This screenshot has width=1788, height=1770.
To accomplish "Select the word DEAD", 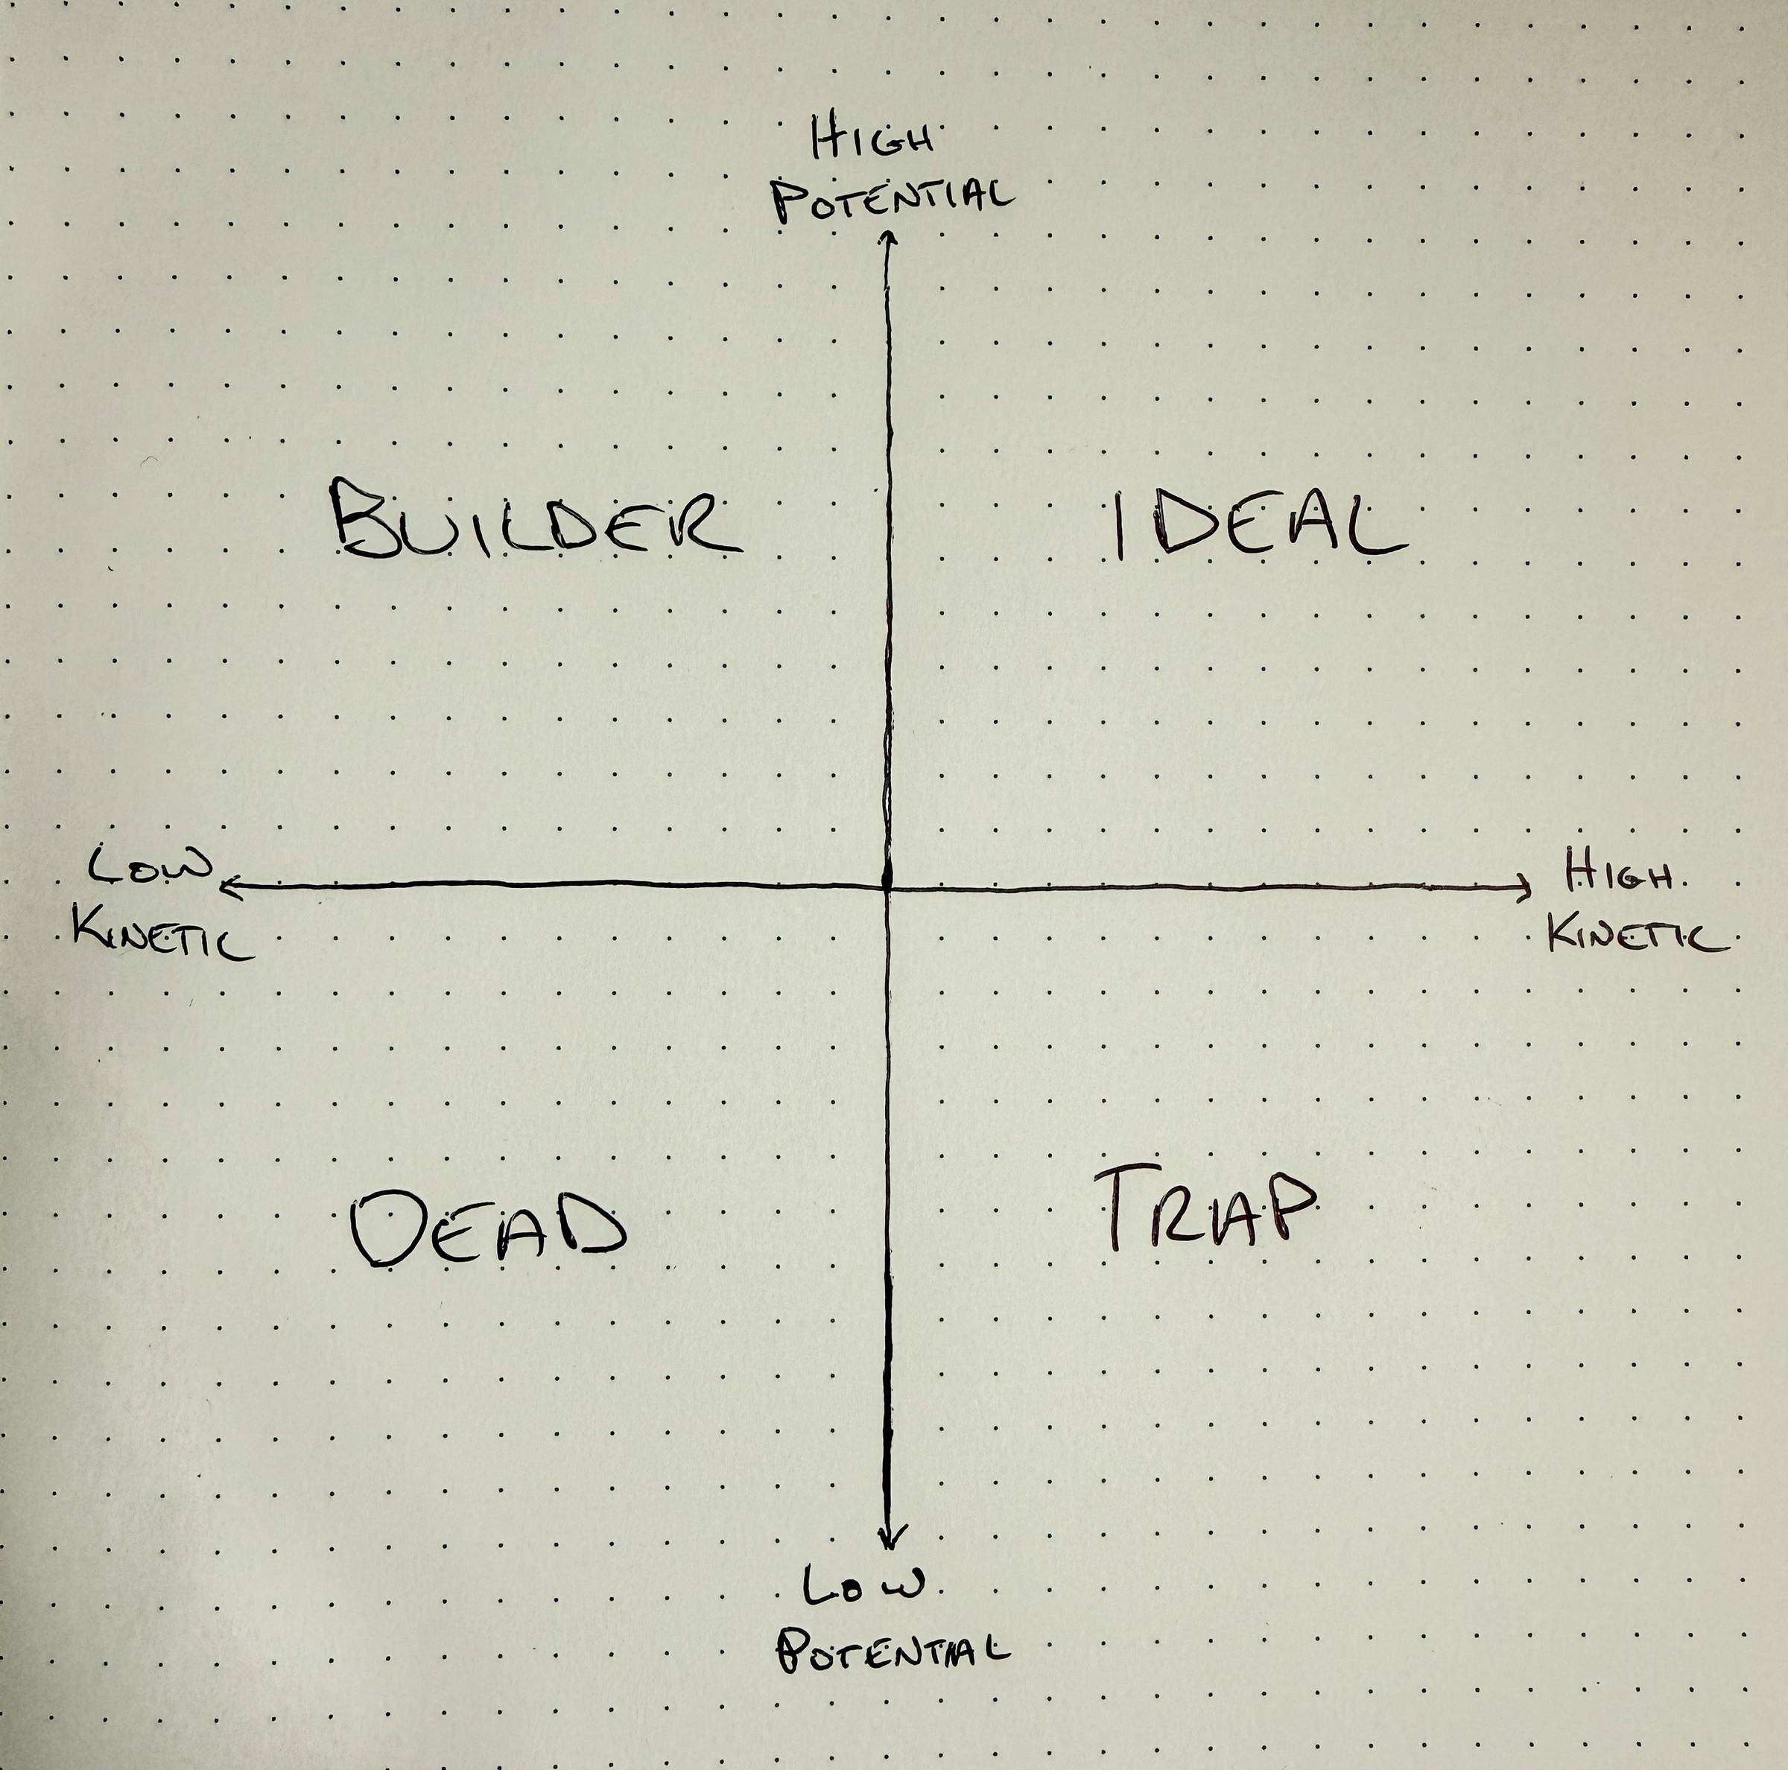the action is tap(489, 1228).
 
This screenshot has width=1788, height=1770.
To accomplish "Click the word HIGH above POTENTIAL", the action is tap(872, 141).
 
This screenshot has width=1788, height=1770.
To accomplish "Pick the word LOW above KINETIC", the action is tap(150, 868).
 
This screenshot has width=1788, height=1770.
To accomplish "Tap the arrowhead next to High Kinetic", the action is tap(1524, 889).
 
